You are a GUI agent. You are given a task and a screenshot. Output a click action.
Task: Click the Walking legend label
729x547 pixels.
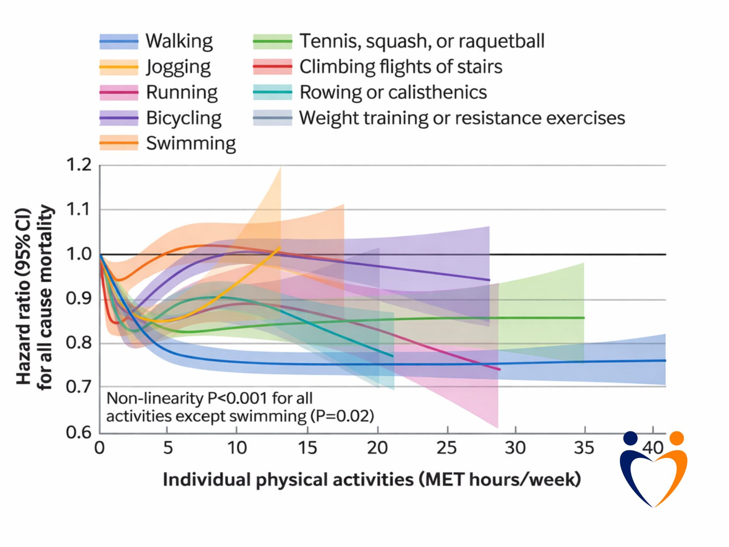(x=179, y=41)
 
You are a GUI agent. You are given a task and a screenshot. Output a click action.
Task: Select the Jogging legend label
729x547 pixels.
(x=178, y=67)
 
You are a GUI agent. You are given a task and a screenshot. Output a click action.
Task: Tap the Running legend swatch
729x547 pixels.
(x=119, y=93)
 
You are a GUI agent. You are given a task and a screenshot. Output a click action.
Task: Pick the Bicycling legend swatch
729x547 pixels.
(x=119, y=118)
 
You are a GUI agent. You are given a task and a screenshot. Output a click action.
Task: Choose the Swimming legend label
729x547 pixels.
(x=191, y=143)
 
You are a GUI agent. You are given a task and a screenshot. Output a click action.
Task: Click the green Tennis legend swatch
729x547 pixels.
(x=273, y=42)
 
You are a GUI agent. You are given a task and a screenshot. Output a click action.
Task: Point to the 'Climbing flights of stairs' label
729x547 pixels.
(x=401, y=67)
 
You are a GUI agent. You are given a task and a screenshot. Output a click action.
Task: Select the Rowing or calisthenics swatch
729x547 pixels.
(x=273, y=93)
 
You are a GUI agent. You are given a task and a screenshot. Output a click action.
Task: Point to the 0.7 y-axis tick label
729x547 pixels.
(x=79, y=387)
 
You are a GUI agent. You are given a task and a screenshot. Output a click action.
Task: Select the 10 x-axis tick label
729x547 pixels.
(x=237, y=448)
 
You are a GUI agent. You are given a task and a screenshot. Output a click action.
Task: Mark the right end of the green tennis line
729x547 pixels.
(x=584, y=318)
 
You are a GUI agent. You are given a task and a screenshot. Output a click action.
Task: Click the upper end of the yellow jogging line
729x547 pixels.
(x=280, y=248)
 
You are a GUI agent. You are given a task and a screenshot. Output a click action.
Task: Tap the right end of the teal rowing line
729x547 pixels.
(x=393, y=356)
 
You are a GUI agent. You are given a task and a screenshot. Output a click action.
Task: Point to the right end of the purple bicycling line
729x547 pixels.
(x=489, y=280)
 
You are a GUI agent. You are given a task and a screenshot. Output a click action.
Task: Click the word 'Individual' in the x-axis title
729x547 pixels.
(x=207, y=480)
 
